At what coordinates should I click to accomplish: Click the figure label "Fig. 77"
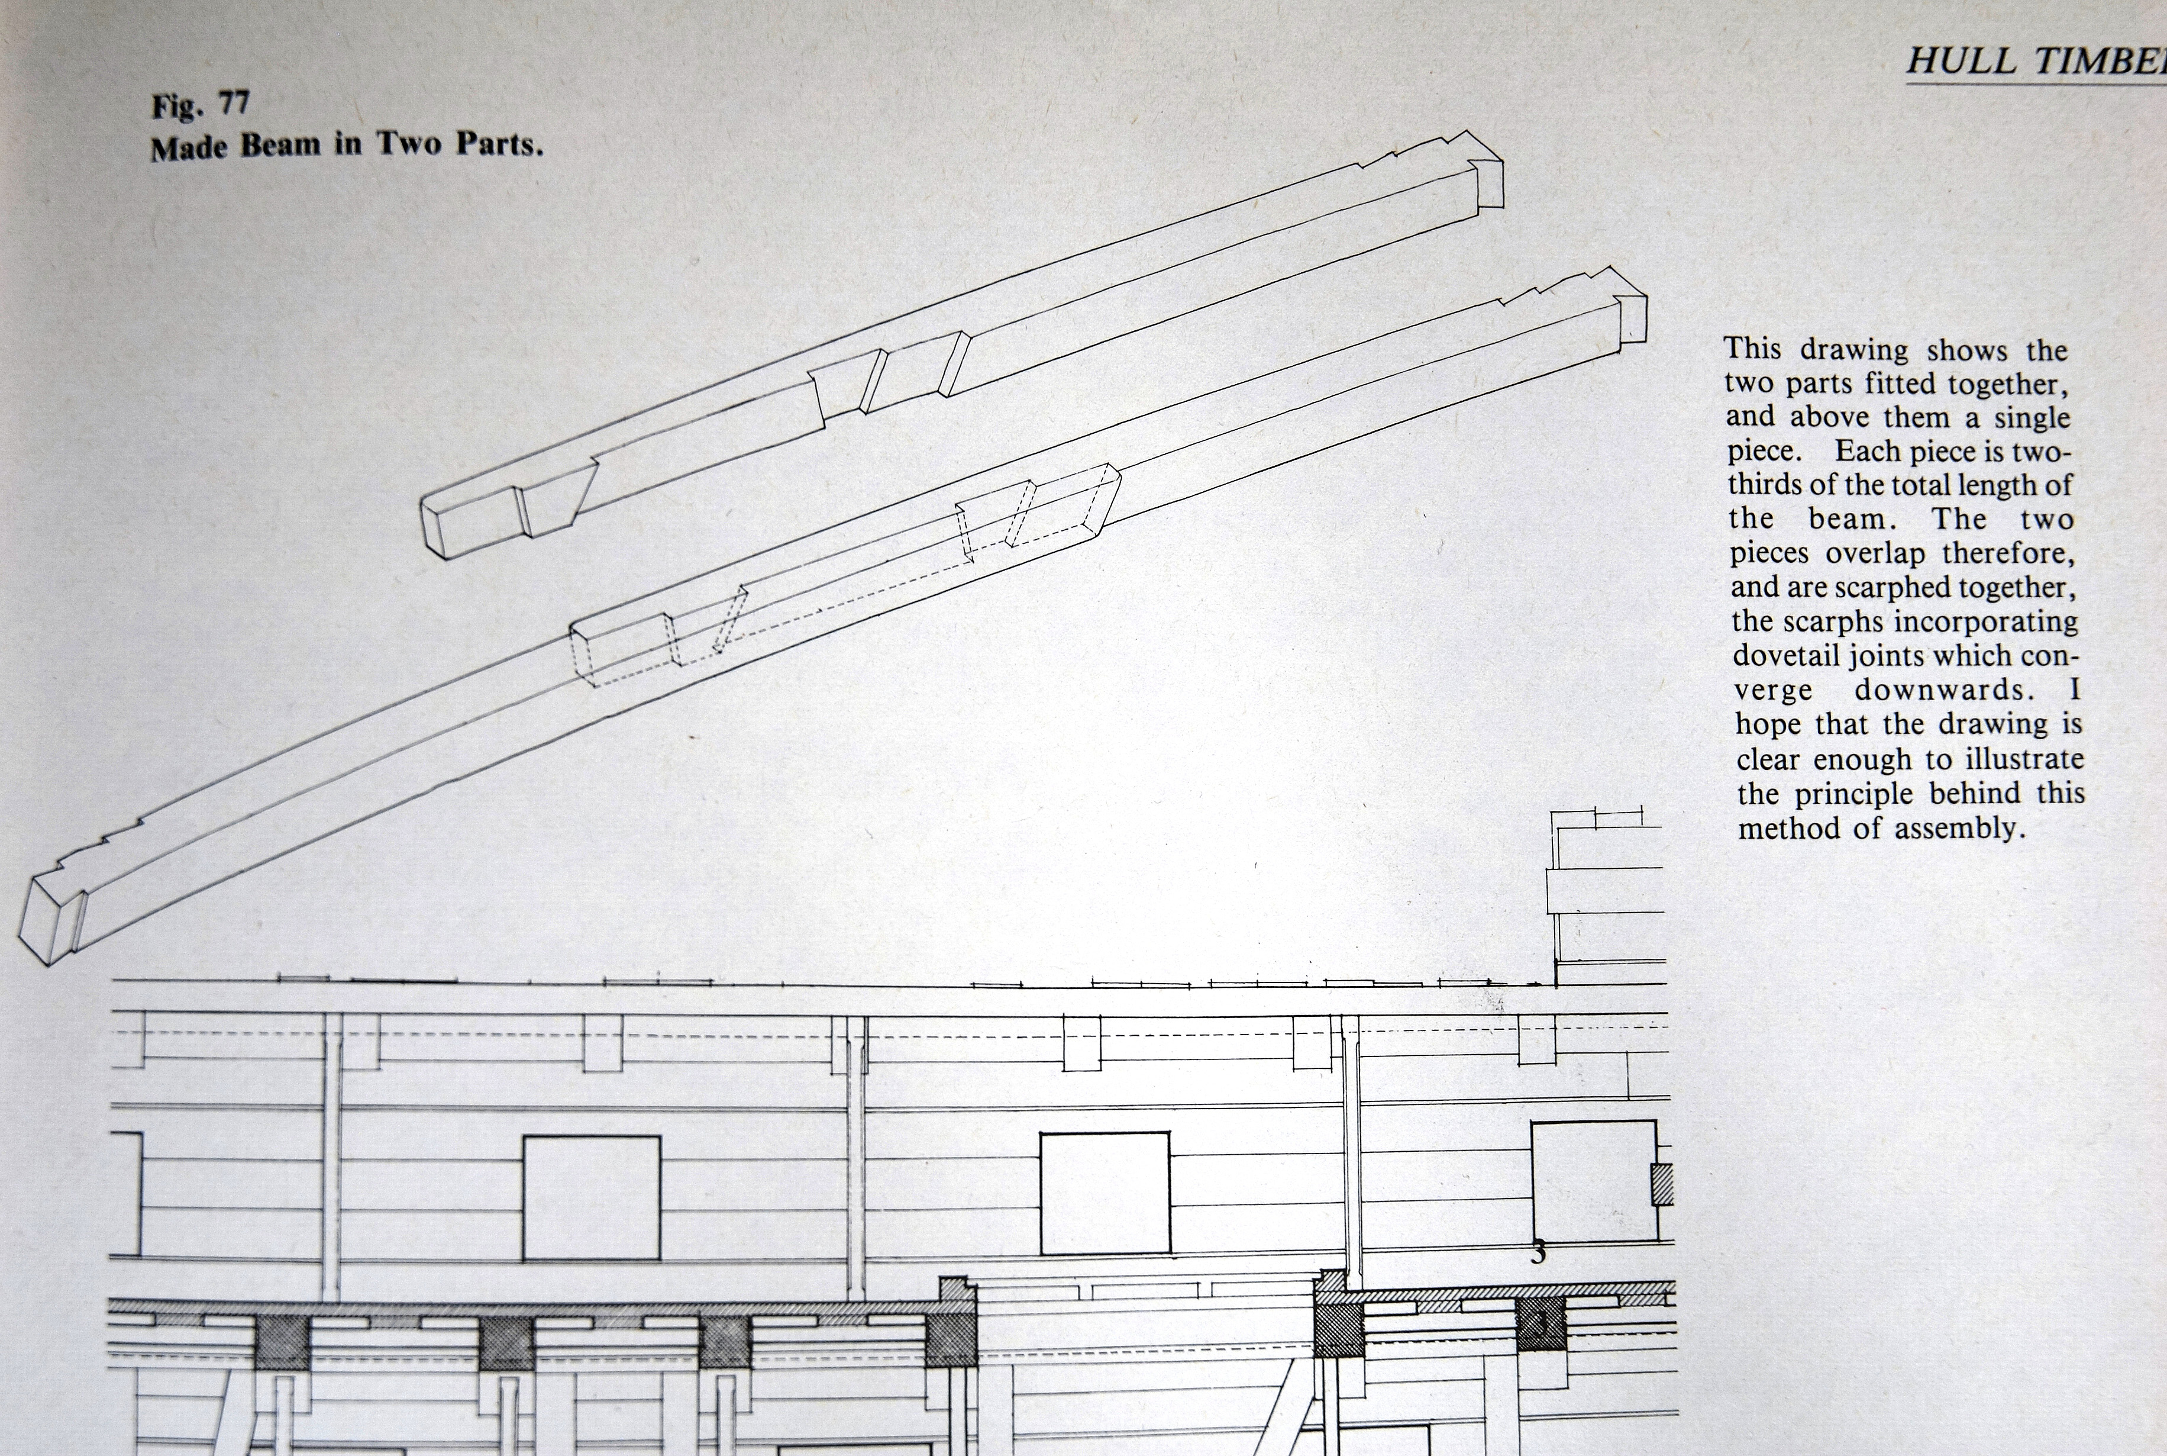coord(201,104)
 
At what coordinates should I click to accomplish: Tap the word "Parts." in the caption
coord(499,144)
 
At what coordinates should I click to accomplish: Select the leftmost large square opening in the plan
coord(591,1197)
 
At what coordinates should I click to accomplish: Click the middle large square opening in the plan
coord(1105,1193)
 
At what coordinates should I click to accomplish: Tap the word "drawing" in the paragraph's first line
coord(1853,350)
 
